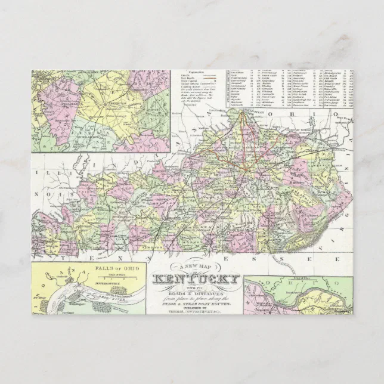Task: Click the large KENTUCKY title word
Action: (197, 278)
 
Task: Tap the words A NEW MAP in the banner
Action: (197, 267)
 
